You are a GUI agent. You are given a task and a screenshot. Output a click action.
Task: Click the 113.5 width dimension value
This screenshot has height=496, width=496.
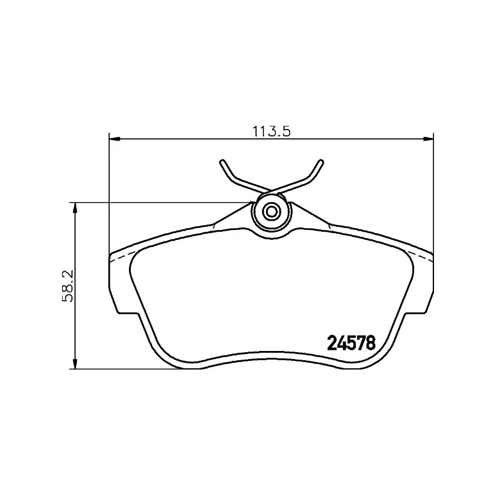271,131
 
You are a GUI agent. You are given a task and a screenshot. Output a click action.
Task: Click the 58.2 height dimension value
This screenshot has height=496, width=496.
68,286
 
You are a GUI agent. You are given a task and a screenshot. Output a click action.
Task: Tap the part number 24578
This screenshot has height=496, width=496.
352,343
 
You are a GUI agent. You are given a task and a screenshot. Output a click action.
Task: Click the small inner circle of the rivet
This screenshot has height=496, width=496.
272,211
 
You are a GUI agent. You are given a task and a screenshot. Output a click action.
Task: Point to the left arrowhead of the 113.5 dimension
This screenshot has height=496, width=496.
115,138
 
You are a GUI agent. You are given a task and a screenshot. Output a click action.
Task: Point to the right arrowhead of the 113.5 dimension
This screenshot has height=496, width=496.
428,138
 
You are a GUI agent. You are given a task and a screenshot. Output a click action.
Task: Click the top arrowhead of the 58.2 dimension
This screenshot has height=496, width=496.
75,208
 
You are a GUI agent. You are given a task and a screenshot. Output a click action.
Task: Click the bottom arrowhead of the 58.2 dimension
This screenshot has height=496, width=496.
75,363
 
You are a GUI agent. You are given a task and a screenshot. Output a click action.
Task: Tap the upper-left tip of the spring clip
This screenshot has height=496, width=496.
222,162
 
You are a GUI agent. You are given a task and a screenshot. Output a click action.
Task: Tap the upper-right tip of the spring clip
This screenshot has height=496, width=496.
321,162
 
